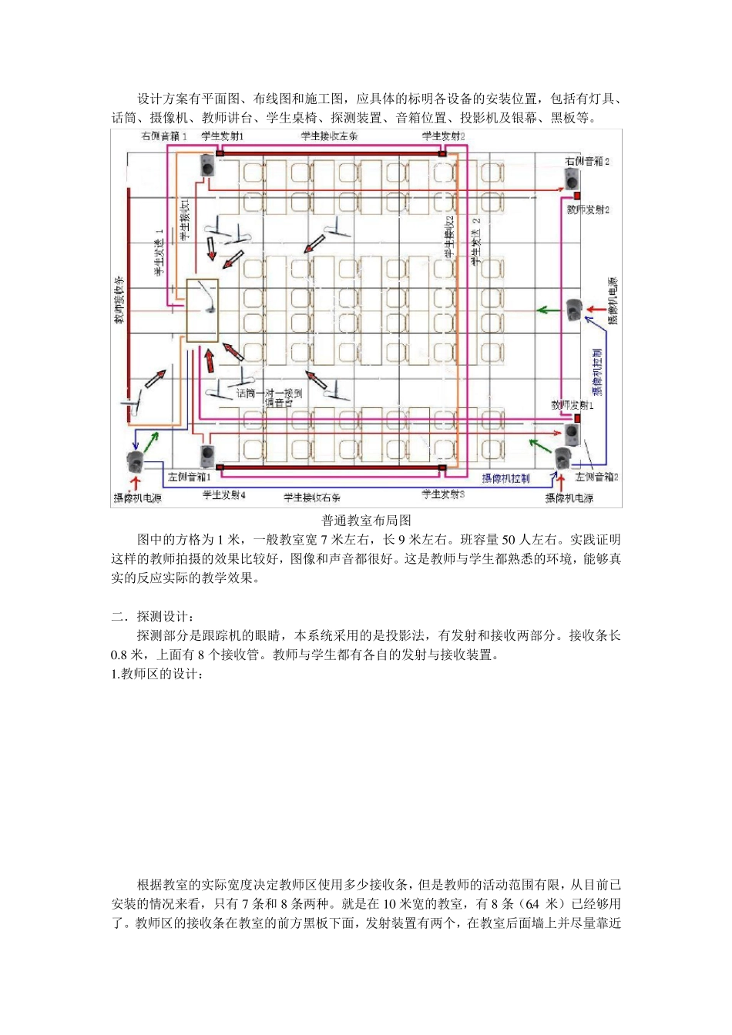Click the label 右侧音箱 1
point(163,136)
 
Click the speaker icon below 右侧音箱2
point(571,179)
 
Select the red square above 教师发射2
point(576,196)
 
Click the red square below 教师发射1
point(576,418)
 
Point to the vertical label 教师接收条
point(119,300)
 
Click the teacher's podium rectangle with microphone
point(203,310)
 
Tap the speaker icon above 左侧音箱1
point(207,454)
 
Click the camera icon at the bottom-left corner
point(136,462)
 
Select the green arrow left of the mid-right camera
point(547,310)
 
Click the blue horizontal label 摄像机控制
point(505,478)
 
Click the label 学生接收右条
point(311,497)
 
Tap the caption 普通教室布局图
point(366,521)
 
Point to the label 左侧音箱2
point(596,477)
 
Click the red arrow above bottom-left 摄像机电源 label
point(136,483)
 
